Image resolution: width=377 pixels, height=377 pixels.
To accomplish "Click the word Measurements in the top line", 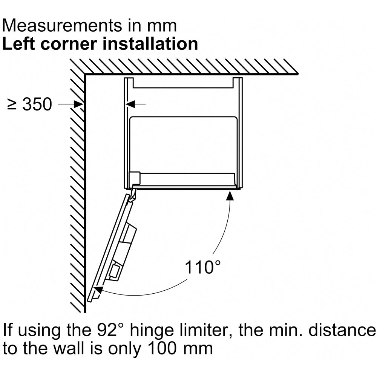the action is click(62, 26).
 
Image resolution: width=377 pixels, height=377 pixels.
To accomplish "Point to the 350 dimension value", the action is click(37, 104).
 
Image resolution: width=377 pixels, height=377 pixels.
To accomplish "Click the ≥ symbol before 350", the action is click(12, 104).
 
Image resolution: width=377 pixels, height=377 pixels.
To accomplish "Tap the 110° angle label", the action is click(202, 267).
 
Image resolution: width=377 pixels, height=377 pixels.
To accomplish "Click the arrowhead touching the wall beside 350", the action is click(78, 104).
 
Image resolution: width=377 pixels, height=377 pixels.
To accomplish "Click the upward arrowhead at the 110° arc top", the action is click(230, 195).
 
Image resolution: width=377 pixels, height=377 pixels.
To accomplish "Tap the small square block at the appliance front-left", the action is click(135, 178).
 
